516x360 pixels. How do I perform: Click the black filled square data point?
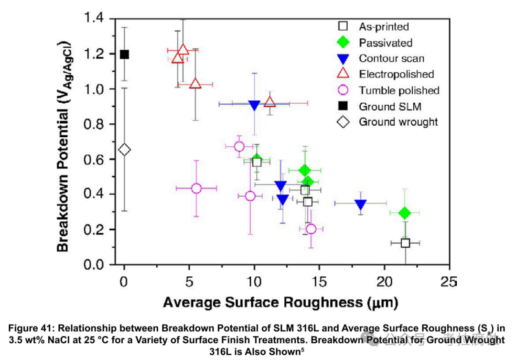(124, 54)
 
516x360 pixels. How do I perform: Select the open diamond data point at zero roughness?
(124, 150)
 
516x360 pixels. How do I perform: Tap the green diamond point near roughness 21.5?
(404, 212)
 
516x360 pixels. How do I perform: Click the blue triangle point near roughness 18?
(361, 204)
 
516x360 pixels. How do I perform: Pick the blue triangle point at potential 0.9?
(254, 105)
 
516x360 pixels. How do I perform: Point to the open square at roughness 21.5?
(405, 243)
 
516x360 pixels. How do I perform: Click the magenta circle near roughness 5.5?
(196, 188)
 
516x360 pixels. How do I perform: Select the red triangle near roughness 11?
(270, 102)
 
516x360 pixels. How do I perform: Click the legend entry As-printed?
(384, 27)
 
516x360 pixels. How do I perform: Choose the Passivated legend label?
(386, 43)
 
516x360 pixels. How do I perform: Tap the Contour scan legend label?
(391, 58)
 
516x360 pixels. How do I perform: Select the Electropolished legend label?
(396, 74)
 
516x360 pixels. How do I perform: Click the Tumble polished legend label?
(399, 90)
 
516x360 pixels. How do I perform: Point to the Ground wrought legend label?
(398, 122)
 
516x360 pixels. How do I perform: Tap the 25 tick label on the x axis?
(449, 281)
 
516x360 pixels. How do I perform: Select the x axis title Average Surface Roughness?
(280, 302)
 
